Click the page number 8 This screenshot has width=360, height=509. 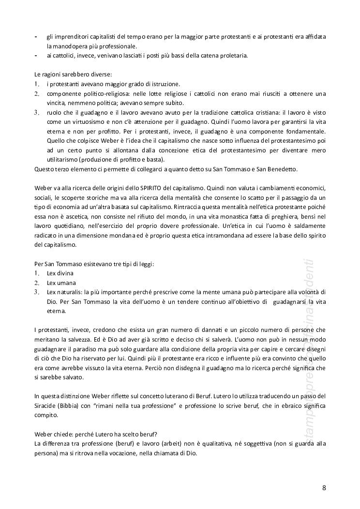(x=324, y=488)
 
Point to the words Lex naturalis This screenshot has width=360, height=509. (x=64, y=292)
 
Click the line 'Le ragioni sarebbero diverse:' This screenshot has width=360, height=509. (x=73, y=75)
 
